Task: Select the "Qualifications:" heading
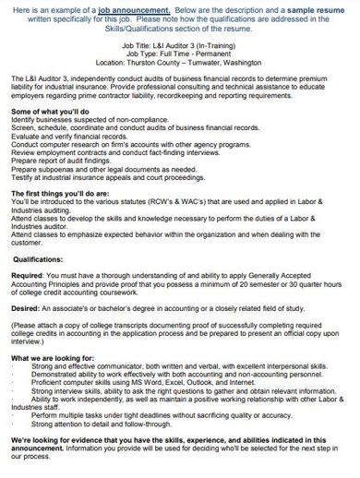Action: (42, 285)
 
